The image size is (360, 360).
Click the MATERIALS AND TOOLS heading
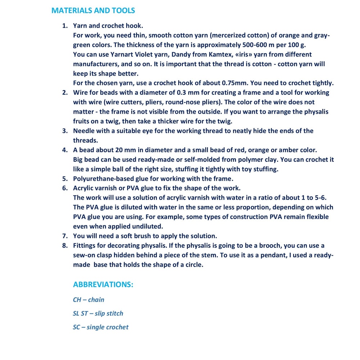(93, 10)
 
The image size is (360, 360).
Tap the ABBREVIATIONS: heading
(103, 284)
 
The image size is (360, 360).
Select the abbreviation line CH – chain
(89, 300)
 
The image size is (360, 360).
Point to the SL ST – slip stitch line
(98, 313)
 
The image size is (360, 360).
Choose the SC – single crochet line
(100, 327)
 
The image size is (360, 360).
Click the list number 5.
(65, 179)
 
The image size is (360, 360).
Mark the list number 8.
(65, 246)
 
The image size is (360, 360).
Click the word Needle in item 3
(84, 131)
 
